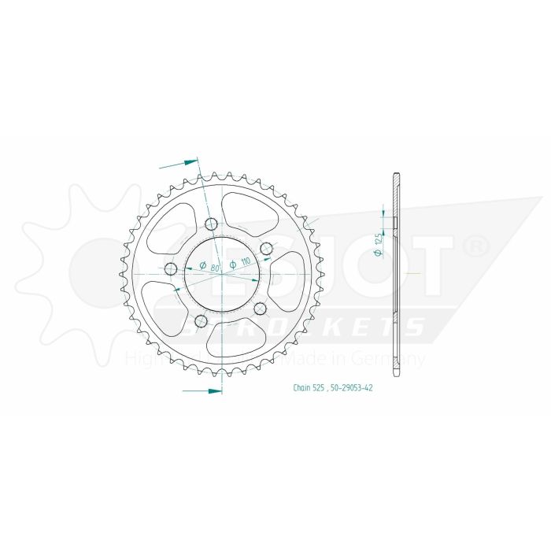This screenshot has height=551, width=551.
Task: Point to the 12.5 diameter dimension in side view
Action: coord(379,246)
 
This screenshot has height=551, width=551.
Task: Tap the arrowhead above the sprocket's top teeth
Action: coord(190,161)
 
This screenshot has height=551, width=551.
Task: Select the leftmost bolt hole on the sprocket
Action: coord(170,270)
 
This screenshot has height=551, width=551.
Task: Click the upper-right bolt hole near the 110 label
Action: coord(266,249)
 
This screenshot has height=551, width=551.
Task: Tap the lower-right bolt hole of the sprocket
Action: coord(259,308)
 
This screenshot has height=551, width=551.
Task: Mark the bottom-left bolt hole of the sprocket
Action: coord(200,320)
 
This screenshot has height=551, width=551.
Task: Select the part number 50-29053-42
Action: coord(352,387)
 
